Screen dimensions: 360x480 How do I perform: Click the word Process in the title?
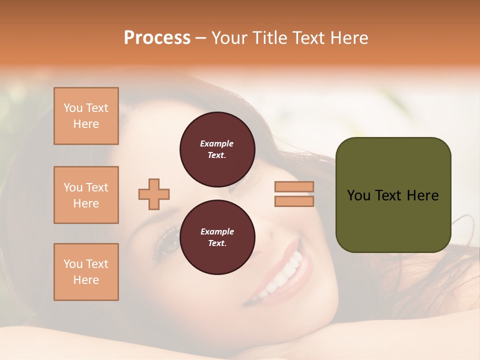tap(157, 38)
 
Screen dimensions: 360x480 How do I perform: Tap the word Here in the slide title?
tap(348, 38)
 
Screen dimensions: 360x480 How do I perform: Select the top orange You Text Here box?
tap(86, 116)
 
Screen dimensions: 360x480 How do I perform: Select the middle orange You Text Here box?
tap(86, 195)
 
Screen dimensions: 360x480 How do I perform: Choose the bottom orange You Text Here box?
tap(86, 272)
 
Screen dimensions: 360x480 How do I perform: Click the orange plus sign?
tap(154, 194)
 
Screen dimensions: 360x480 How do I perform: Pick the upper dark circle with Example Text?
tap(217, 149)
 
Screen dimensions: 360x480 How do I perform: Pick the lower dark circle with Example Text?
tap(217, 237)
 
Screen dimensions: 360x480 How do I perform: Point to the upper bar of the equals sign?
tap(294, 187)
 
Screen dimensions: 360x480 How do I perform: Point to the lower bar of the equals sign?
tap(294, 201)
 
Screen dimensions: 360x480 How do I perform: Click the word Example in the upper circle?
tap(217, 143)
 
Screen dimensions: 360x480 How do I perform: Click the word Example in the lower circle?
tap(217, 231)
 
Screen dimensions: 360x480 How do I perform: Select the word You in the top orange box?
tap(72, 108)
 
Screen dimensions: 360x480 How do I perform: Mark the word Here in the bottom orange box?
tap(86, 280)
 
